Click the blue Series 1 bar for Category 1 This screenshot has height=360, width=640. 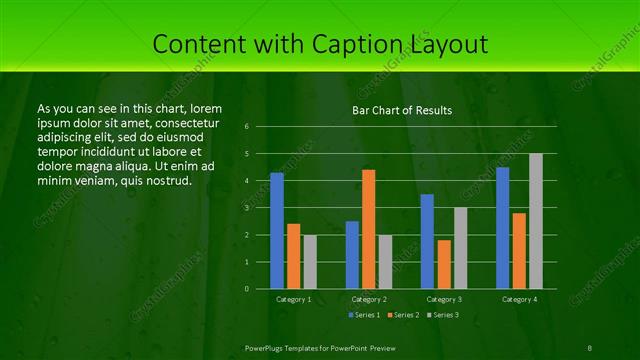tap(277, 231)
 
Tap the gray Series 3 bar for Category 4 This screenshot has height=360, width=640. tap(535, 221)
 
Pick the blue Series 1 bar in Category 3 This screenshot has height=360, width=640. tap(427, 241)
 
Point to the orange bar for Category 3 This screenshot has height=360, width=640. tap(443, 264)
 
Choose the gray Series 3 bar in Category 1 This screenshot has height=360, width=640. tap(310, 262)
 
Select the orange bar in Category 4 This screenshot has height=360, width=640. tap(518, 251)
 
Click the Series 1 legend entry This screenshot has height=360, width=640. tap(363, 315)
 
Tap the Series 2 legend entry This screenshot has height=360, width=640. tap(401, 315)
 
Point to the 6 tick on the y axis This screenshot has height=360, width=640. tap(260, 127)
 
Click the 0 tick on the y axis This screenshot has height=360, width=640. tap(260, 289)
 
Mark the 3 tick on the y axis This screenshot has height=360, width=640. tap(260, 208)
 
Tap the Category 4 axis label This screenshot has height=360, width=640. tap(518, 299)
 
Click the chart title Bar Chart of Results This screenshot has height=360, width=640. tap(402, 110)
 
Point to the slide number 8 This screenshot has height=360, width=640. tap(590, 346)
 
